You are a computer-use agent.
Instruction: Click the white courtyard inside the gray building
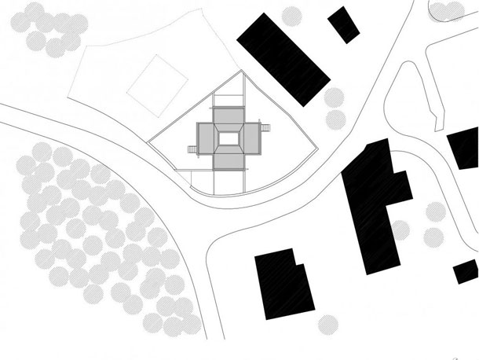tap(228, 139)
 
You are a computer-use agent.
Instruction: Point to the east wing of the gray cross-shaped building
tap(250, 139)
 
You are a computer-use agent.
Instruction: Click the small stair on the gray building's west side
tap(191, 148)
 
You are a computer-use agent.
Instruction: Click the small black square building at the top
tap(344, 24)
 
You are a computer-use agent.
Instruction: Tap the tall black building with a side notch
tap(374, 200)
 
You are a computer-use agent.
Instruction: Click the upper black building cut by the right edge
tap(464, 148)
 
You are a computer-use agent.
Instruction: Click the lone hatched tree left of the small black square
tap(292, 15)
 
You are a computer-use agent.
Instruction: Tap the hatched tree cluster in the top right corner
tap(455, 9)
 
